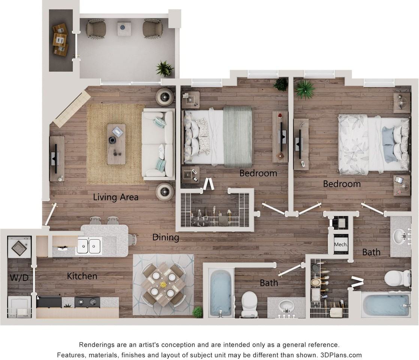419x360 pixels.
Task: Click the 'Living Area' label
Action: (x=115, y=197)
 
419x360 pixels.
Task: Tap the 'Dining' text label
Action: (x=165, y=237)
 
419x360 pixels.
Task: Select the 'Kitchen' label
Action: (x=82, y=276)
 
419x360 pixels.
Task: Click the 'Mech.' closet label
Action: (x=341, y=244)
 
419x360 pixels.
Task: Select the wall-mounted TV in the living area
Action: (x=56, y=158)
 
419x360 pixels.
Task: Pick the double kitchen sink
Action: (x=89, y=246)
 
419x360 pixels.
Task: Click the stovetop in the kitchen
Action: (x=87, y=301)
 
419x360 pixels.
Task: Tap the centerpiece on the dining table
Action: (x=163, y=285)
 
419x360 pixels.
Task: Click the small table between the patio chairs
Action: (x=124, y=28)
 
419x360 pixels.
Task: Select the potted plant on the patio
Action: (x=165, y=69)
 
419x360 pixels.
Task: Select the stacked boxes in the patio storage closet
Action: (x=60, y=39)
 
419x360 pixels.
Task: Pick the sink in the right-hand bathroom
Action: (x=400, y=236)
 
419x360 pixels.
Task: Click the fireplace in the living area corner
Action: (x=72, y=109)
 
